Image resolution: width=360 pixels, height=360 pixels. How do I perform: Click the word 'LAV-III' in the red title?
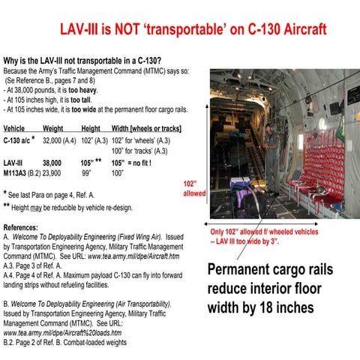tap(85, 30)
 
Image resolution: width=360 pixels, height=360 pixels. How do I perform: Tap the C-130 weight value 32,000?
tap(52, 140)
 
